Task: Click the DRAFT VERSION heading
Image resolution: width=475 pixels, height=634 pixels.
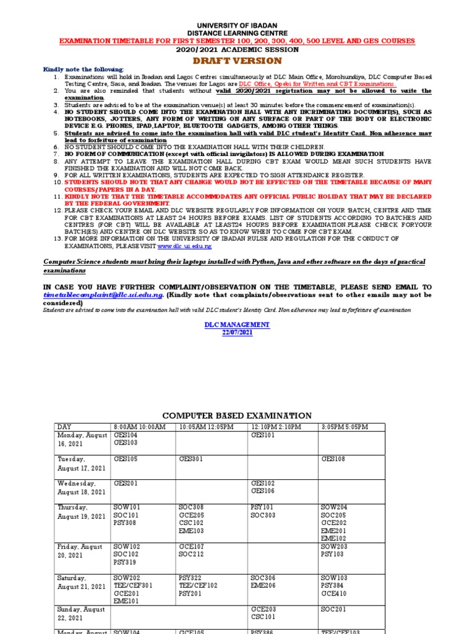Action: (x=237, y=61)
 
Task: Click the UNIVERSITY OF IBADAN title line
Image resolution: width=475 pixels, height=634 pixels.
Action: (x=237, y=24)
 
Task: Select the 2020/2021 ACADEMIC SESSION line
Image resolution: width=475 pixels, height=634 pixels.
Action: (x=237, y=50)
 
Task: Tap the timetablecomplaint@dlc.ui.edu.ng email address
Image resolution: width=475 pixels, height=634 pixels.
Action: (x=103, y=295)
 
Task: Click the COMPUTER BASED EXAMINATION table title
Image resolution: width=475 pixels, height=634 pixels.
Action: (x=237, y=415)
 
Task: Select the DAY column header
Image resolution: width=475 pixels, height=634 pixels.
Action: (x=64, y=427)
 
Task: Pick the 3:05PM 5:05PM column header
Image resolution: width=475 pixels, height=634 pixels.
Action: (x=344, y=427)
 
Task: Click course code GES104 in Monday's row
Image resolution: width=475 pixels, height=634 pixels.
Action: (x=126, y=436)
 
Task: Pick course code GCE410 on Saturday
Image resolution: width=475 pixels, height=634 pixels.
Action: (x=333, y=594)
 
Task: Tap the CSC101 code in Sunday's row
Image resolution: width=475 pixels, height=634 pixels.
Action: (x=262, y=617)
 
